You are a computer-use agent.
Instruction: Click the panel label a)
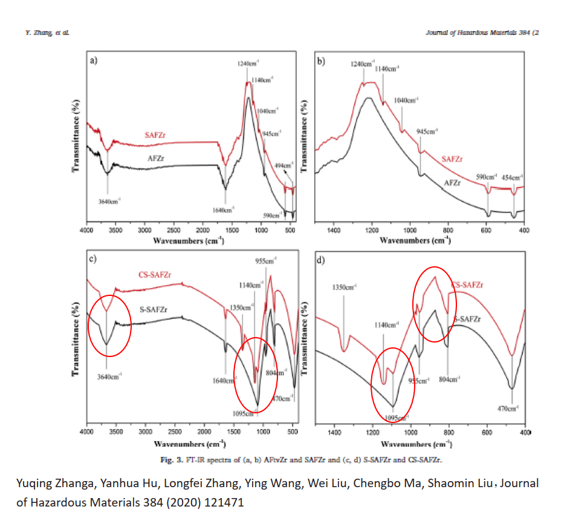point(94,59)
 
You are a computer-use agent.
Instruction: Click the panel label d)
point(322,261)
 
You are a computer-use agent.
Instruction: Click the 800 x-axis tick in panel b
point(448,231)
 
